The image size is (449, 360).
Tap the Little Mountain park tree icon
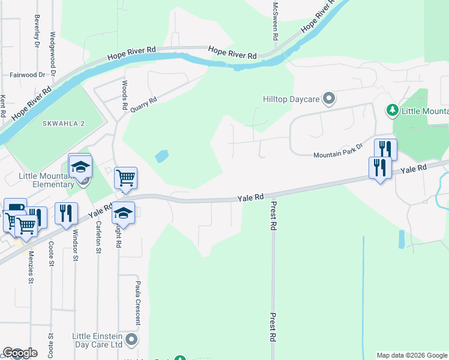(392, 110)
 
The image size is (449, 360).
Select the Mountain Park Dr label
(339, 155)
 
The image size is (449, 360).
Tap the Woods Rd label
(125, 95)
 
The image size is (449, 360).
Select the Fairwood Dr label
(28, 75)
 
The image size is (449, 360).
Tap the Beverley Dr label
(37, 31)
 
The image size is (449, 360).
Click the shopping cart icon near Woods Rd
(125, 177)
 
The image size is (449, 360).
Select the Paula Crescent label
(137, 302)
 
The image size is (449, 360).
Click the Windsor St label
(76, 246)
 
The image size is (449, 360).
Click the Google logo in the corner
(19, 353)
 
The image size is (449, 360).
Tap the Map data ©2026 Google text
(412, 355)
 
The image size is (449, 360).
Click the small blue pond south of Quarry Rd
(161, 157)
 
